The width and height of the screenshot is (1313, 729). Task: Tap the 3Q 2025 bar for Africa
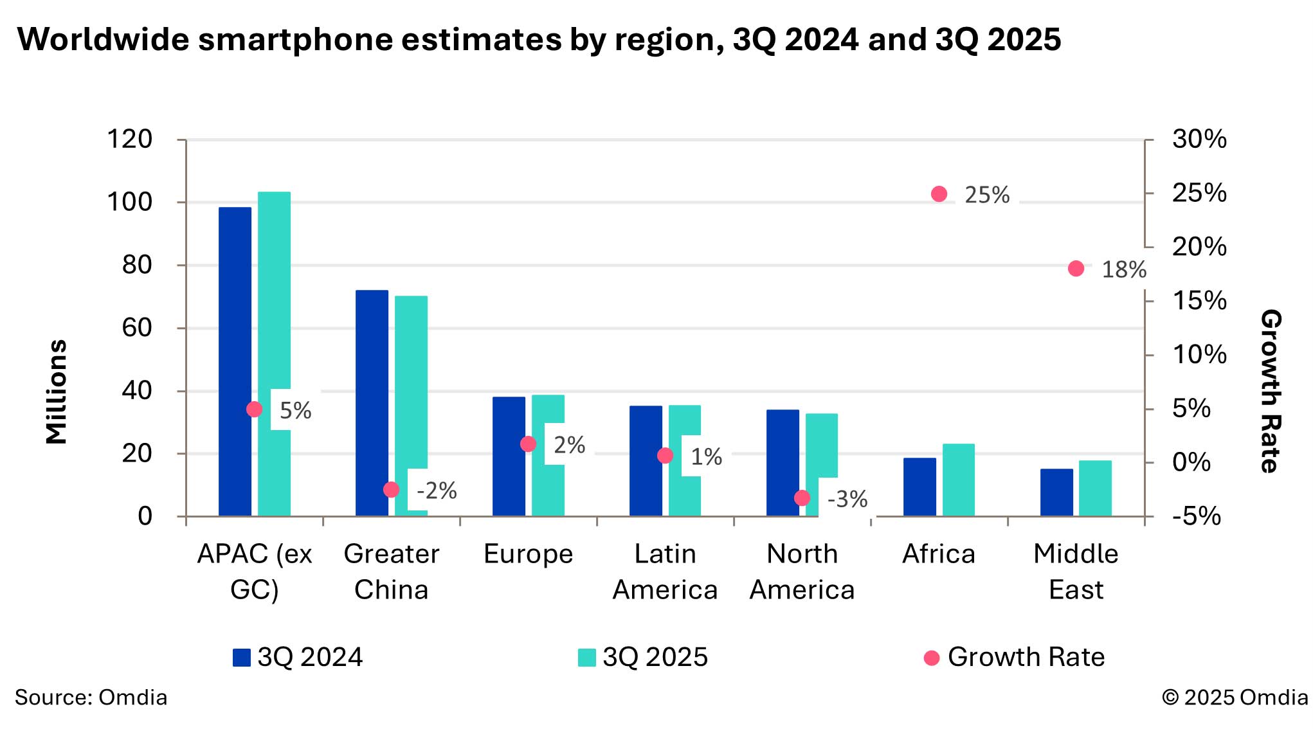[x=958, y=480]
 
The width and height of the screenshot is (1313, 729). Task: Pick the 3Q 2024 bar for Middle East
[x=1056, y=492]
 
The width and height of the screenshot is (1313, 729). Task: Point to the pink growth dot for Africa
[x=939, y=194]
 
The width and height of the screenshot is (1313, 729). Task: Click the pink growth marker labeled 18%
[x=1076, y=269]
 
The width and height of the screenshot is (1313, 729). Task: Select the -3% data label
[x=847, y=500]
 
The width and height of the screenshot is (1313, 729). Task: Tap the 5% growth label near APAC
[x=295, y=411]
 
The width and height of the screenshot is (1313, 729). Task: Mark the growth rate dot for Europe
[x=528, y=444]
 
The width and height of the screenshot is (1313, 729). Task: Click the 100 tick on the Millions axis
[x=129, y=203]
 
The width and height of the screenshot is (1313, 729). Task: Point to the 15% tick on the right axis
[x=1199, y=301]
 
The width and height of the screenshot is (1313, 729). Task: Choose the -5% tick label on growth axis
[x=1196, y=516]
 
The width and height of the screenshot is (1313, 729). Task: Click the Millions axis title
[x=57, y=392]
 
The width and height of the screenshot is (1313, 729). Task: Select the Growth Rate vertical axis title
[x=1271, y=392]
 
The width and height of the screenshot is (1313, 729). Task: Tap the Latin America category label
[x=665, y=571]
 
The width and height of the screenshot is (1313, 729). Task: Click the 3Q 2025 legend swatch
[x=586, y=658]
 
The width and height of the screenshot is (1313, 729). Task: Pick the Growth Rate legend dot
[x=931, y=658]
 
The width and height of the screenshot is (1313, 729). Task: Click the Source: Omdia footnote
[x=91, y=697]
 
